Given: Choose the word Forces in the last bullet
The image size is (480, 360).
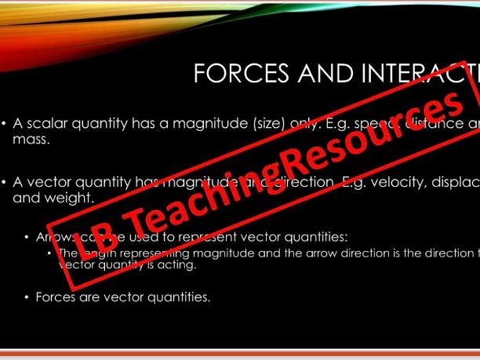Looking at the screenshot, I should [53, 297].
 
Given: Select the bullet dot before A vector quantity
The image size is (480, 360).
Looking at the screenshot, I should [5, 182].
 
